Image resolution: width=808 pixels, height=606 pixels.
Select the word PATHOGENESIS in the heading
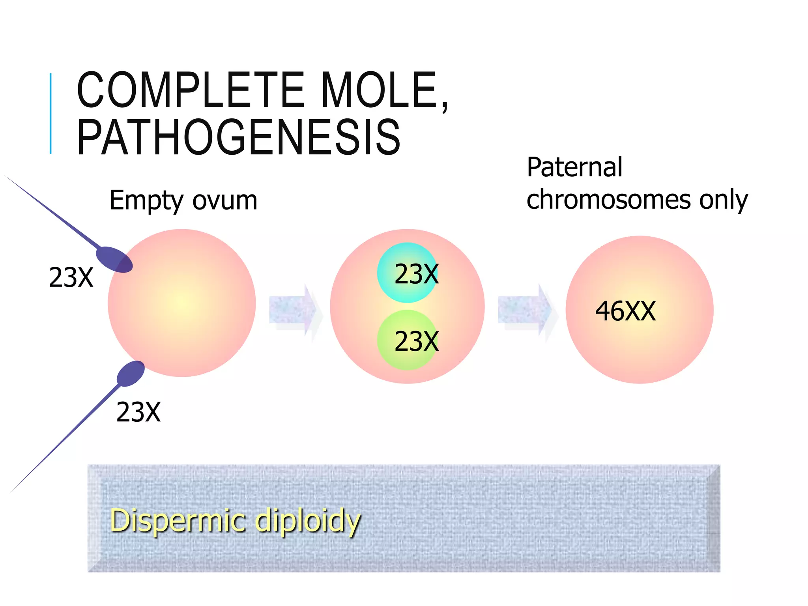pyautogui.click(x=239, y=137)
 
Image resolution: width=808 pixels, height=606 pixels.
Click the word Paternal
pyautogui.click(x=574, y=167)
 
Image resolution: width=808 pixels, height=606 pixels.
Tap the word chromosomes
pyautogui.click(x=608, y=199)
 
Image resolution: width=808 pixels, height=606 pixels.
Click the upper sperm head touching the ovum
pyautogui.click(x=114, y=259)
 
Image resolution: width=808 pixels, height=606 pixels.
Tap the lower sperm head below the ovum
pyautogui.click(x=131, y=374)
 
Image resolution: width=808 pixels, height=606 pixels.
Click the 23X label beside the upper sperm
pyautogui.click(x=71, y=278)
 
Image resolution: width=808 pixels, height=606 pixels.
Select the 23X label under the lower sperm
pyautogui.click(x=138, y=413)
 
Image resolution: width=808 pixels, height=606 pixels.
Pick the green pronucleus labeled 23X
pyautogui.click(x=408, y=340)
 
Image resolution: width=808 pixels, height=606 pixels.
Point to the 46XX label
pyautogui.click(x=625, y=311)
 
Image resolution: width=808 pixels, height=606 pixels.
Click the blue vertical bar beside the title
pyautogui.click(x=50, y=113)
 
